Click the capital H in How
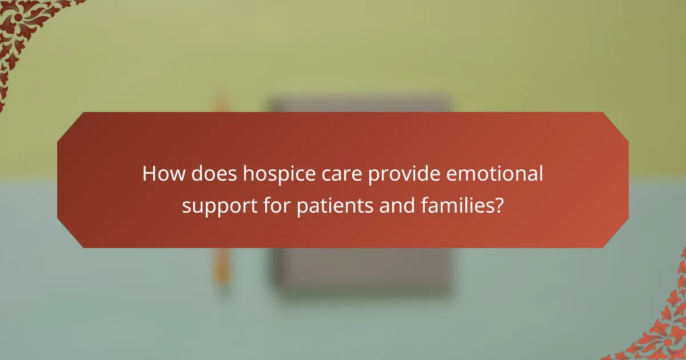coord(149,174)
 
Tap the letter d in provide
coord(419,174)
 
